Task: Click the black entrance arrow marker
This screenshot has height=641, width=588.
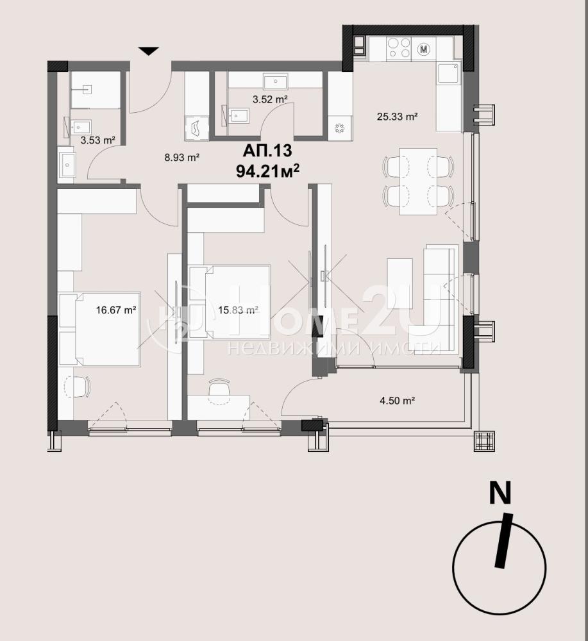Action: pos(148,51)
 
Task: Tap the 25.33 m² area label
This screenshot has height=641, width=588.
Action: pos(397,117)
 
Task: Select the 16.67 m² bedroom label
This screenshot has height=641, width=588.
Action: pos(115,310)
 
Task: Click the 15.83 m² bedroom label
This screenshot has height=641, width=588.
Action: pos(237,310)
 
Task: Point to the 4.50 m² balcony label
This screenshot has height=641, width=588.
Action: pos(398,400)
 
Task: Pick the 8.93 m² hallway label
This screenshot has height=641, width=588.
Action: pos(181,157)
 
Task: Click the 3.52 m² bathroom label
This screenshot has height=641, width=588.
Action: pos(270,99)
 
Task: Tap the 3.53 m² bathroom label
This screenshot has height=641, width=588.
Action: pos(97,140)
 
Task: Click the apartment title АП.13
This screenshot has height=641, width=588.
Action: pos(267,151)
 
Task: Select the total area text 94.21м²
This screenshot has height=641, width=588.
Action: pos(267,170)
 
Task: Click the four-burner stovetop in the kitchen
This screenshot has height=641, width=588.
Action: pos(398,48)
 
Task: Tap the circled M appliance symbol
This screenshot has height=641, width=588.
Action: pos(424,49)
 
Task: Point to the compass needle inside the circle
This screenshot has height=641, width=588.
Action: pos(503,540)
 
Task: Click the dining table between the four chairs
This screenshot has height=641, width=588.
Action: pos(418,181)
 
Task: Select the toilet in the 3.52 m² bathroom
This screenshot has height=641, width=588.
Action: pos(237,116)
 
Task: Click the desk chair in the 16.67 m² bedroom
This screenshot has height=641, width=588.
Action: pos(78,387)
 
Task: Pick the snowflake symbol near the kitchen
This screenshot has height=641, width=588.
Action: pos(339,128)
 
